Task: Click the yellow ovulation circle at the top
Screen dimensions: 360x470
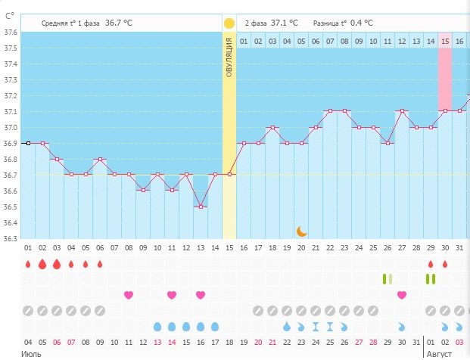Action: [229, 23]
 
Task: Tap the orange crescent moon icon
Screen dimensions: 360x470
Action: [301, 231]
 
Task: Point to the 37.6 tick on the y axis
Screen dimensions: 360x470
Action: [11, 33]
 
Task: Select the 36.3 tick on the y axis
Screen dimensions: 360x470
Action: [11, 239]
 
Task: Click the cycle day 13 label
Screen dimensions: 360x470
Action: [201, 248]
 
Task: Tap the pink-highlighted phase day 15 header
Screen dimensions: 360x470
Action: [445, 41]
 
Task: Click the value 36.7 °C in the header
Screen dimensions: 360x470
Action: [119, 23]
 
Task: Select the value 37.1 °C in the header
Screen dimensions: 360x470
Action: [284, 23]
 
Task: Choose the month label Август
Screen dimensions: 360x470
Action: [440, 353]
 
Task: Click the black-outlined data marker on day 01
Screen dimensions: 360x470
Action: [28, 143]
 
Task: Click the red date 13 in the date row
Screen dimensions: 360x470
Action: [157, 342]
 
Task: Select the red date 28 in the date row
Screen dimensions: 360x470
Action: [372, 342]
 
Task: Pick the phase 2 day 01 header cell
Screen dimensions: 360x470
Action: [244, 41]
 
